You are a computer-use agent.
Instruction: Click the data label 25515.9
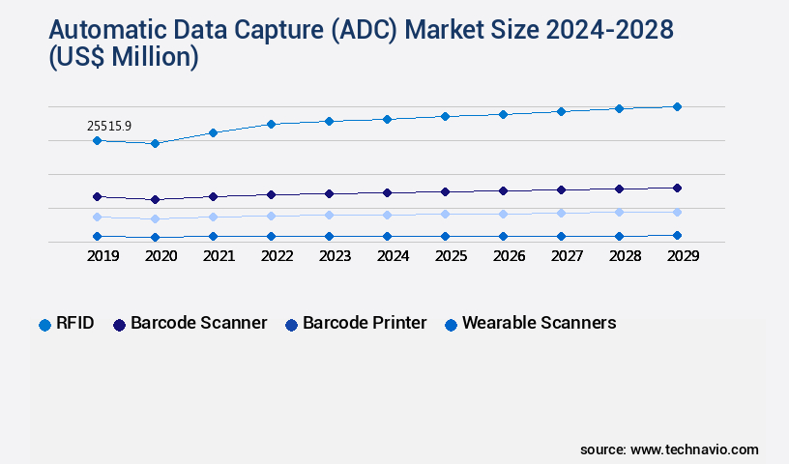(109, 126)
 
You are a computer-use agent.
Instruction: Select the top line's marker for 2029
(677, 106)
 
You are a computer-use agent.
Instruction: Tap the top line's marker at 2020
(155, 143)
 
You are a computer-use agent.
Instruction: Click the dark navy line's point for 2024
(387, 192)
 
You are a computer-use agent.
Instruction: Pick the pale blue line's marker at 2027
(561, 213)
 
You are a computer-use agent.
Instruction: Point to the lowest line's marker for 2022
(271, 236)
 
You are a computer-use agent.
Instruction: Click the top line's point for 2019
(97, 140)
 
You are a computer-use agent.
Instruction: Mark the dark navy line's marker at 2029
(677, 188)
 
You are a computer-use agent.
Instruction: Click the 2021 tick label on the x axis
(219, 256)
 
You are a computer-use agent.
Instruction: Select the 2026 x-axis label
(509, 256)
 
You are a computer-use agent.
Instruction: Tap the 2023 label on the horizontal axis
(335, 256)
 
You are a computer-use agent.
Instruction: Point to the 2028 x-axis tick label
(625, 256)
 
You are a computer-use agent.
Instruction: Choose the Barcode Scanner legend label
(198, 323)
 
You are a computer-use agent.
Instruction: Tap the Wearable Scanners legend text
(539, 323)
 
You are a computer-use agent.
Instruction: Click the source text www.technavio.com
(694, 449)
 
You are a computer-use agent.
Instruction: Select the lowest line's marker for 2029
(677, 235)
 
